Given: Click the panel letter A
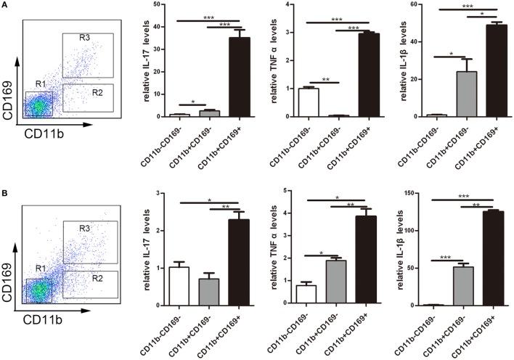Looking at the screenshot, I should click(x=6, y=6).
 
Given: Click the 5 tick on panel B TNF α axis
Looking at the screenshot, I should click(x=290, y=193).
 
